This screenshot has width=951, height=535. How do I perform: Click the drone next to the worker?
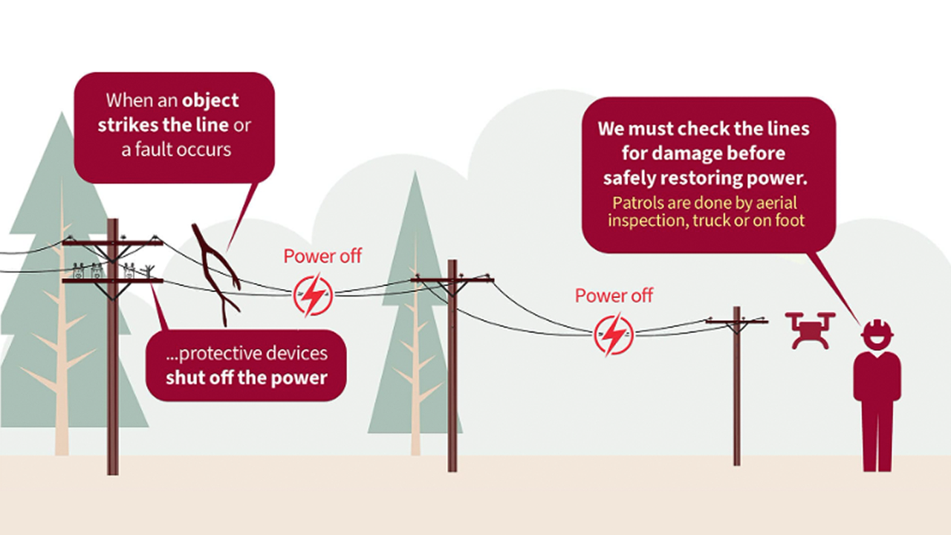point(809,330)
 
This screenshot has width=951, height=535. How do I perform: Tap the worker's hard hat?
point(877,329)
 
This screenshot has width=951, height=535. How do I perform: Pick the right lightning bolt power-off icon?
point(614,334)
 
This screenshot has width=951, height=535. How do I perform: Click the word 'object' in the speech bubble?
point(210,100)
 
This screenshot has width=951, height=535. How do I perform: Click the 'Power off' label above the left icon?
point(322,256)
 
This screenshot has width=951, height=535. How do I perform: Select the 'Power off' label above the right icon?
point(614,296)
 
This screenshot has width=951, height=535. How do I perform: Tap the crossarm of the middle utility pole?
point(452,280)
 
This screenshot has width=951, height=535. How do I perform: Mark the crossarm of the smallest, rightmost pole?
point(736,321)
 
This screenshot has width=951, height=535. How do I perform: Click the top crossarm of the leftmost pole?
point(112,242)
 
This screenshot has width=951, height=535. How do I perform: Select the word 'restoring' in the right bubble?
point(704,178)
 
